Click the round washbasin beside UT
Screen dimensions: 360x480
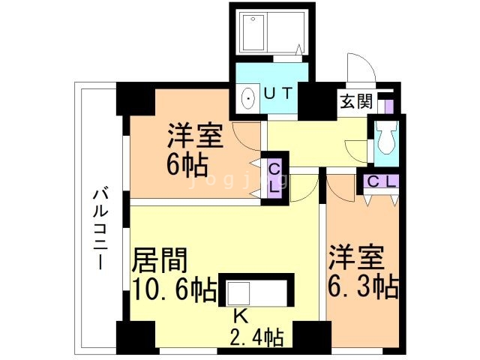click(248, 97)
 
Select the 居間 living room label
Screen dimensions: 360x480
click(160, 260)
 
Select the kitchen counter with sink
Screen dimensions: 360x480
click(255, 290)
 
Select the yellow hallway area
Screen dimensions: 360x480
click(315, 142)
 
